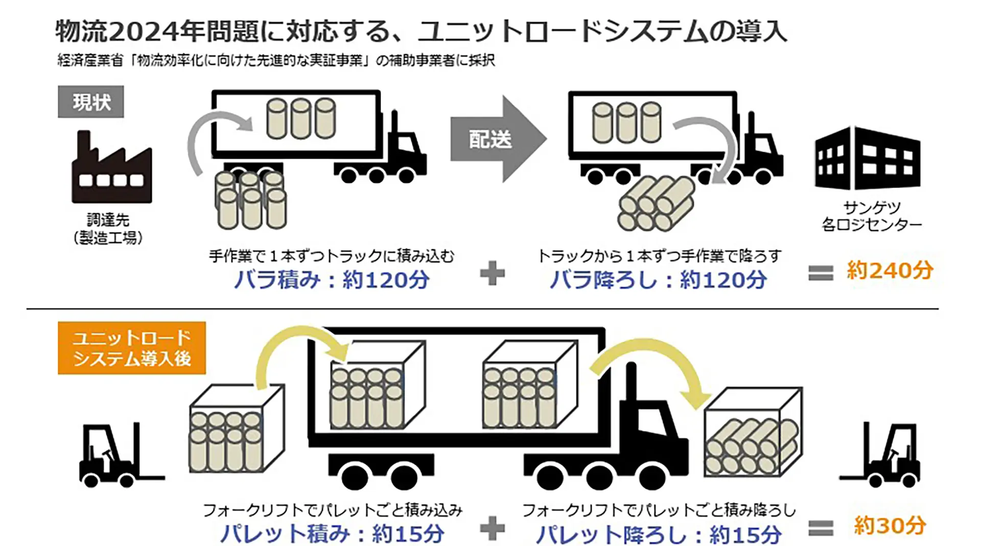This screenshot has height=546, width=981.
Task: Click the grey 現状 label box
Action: tap(90, 102)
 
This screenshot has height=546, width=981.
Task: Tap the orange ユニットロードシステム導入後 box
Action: tap(132, 348)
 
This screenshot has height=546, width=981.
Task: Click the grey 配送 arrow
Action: tap(498, 138)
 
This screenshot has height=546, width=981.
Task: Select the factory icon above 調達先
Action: tap(112, 167)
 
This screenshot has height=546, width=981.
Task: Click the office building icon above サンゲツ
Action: tap(868, 157)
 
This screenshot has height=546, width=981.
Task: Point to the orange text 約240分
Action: tap(890, 270)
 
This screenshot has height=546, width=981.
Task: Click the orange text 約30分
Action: tap(890, 525)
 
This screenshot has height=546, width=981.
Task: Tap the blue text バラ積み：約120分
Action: tap(332, 280)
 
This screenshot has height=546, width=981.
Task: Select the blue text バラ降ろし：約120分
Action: tap(658, 280)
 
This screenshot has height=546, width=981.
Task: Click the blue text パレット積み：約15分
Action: tap(332, 534)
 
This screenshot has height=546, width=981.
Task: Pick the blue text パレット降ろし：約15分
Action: tap(659, 534)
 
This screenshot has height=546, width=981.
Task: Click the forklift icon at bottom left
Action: tap(121, 454)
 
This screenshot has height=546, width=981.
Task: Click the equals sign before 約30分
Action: tap(821, 528)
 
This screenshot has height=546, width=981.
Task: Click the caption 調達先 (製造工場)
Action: tap(108, 229)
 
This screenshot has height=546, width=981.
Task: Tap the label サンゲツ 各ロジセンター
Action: tap(872, 216)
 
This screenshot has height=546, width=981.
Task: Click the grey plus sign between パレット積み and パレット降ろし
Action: tap(493, 528)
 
